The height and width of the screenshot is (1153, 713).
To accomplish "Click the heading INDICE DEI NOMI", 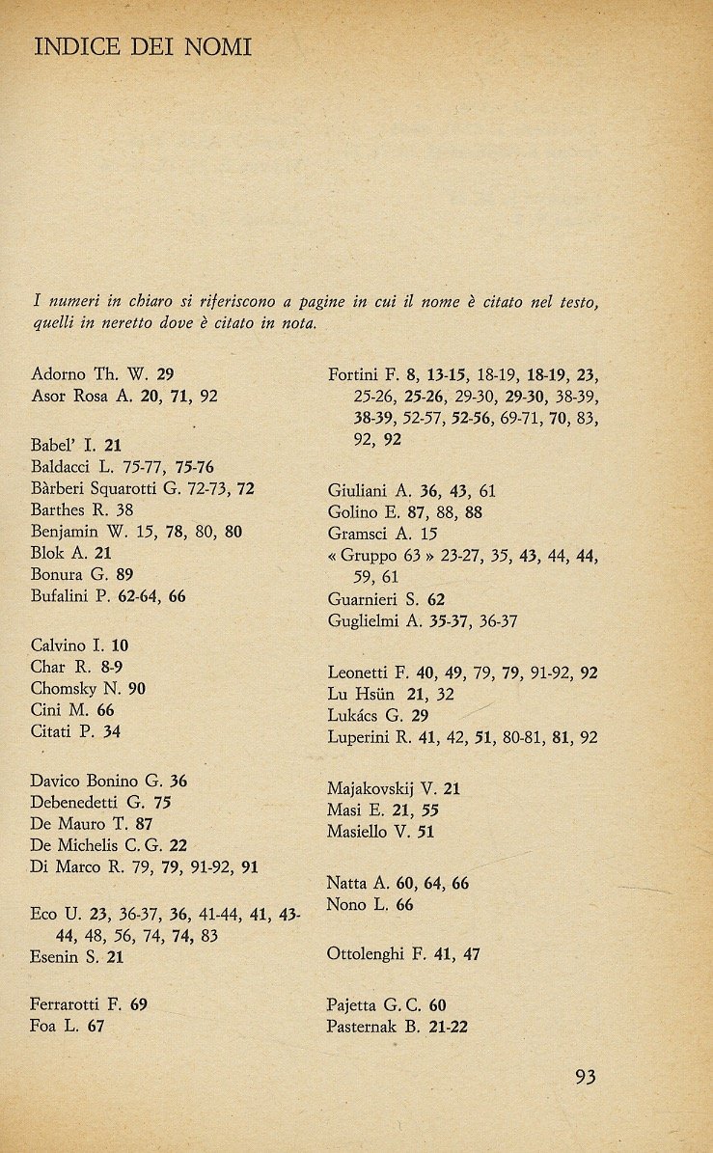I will tap(142, 46).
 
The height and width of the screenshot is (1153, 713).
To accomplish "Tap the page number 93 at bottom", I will tap(585, 1077).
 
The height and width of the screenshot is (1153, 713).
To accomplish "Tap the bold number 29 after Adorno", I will tap(164, 373).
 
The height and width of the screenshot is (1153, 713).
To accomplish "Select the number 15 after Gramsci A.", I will tap(429, 533).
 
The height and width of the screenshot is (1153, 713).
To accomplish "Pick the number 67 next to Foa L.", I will tap(95, 1027).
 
